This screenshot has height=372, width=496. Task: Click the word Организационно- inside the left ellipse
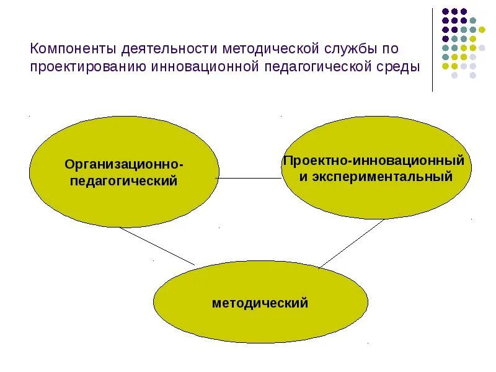(x=125, y=165)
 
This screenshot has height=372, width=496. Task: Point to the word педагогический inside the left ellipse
(x=124, y=181)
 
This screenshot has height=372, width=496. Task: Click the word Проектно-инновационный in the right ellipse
(x=374, y=161)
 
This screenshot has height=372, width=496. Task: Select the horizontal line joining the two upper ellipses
(x=248, y=178)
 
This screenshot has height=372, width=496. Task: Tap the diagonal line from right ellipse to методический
(x=352, y=243)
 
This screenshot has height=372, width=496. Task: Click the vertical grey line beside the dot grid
(x=433, y=50)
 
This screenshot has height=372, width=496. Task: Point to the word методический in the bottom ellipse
(x=260, y=304)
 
